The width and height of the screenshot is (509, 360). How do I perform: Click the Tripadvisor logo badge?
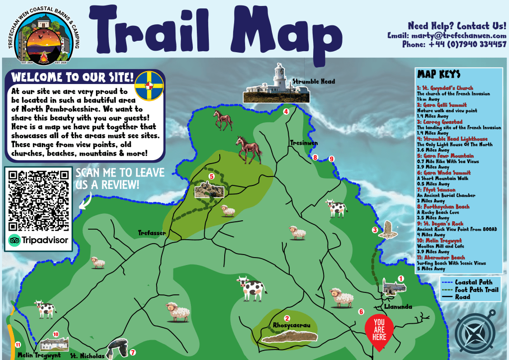click(x=39, y=241)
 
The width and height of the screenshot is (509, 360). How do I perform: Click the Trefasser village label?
click(x=152, y=233)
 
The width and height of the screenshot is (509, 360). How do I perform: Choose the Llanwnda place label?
click(x=399, y=307)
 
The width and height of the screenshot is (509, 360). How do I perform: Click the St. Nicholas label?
click(x=87, y=356)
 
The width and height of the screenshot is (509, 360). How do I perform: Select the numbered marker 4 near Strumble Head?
click(x=286, y=112)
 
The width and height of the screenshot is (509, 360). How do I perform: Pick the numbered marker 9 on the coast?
click(x=332, y=159)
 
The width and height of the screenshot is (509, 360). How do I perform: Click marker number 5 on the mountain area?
click(x=211, y=176)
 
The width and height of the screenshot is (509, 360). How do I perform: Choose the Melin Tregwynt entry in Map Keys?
click(x=439, y=241)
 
